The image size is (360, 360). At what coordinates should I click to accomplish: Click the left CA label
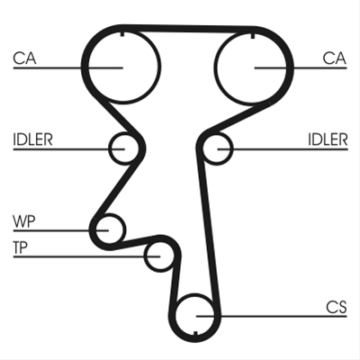point(24,58)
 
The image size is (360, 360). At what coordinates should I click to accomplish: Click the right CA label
point(335,58)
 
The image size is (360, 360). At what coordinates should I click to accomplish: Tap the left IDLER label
point(32,139)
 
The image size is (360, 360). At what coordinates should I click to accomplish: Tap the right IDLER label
point(328,139)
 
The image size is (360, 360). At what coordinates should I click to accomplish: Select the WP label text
point(24,221)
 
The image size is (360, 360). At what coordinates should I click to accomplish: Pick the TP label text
point(21,247)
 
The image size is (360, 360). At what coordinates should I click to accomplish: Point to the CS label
point(337,307)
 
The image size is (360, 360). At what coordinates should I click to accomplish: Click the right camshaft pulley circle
point(214,67)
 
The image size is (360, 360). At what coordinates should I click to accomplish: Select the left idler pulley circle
point(109,148)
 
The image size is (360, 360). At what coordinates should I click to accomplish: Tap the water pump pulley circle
point(124,229)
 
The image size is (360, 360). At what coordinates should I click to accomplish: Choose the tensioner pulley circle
point(144,256)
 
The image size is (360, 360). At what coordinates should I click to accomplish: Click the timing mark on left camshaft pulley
point(122,33)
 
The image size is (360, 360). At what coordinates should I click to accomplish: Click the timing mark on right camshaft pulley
point(252,35)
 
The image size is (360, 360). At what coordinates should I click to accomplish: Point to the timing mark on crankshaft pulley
point(195,334)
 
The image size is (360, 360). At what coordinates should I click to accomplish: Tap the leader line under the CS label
point(272,316)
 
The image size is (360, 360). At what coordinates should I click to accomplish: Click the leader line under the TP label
point(86,256)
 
